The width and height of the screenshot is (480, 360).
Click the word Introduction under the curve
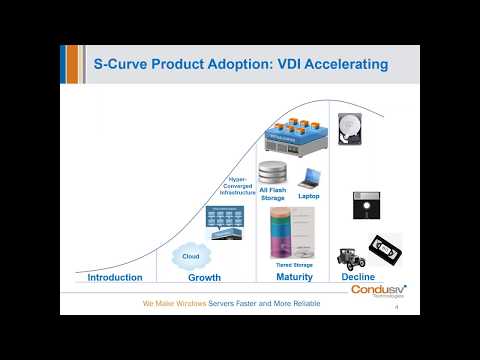click(x=115, y=277)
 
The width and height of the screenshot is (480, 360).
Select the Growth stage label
click(x=204, y=277)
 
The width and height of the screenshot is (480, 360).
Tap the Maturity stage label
click(x=294, y=277)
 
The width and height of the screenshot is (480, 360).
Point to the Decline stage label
click(x=358, y=277)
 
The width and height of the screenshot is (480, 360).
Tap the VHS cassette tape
click(x=386, y=249)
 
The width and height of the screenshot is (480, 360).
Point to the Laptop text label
click(x=309, y=196)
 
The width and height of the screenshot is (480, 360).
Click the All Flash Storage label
click(x=272, y=193)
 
